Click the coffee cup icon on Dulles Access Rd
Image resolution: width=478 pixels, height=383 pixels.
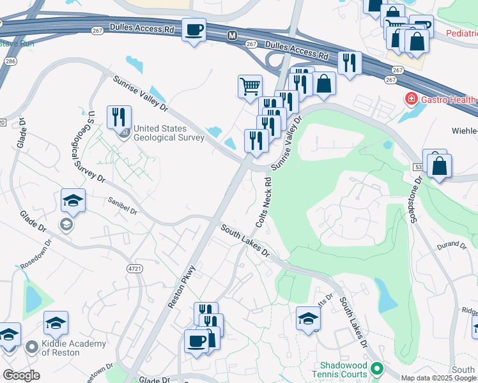point(194,29)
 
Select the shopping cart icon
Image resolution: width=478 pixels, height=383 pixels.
point(249,86)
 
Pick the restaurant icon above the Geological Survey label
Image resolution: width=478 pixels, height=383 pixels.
point(119,116)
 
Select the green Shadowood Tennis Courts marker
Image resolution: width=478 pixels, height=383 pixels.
point(377,368)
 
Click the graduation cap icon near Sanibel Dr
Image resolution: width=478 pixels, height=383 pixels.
point(73,201)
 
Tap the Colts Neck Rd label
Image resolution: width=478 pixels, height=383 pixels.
point(264,202)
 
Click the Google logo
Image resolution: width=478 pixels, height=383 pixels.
point(21,375)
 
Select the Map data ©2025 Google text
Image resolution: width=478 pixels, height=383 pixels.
point(438,378)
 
